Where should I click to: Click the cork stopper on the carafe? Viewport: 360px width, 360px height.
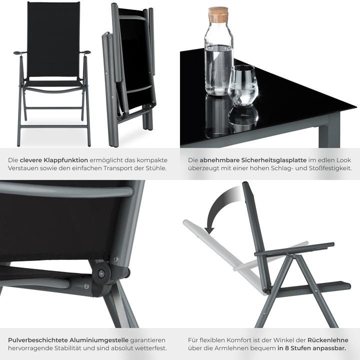pyautogui.click(x=218, y=14)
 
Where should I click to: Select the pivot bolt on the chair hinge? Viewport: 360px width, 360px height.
pyautogui.click(x=101, y=273)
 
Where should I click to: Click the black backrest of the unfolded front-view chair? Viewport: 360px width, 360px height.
pyautogui.click(x=53, y=40)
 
